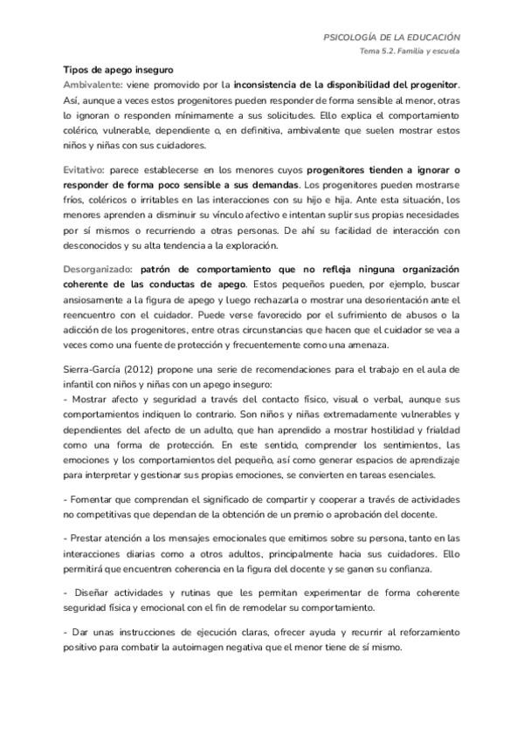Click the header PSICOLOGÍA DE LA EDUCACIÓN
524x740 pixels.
[392, 38]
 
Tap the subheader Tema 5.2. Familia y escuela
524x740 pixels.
[410, 51]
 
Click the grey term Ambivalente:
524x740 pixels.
[93, 85]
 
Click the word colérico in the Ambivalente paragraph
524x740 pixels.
[81, 130]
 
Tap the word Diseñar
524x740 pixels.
[90, 592]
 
